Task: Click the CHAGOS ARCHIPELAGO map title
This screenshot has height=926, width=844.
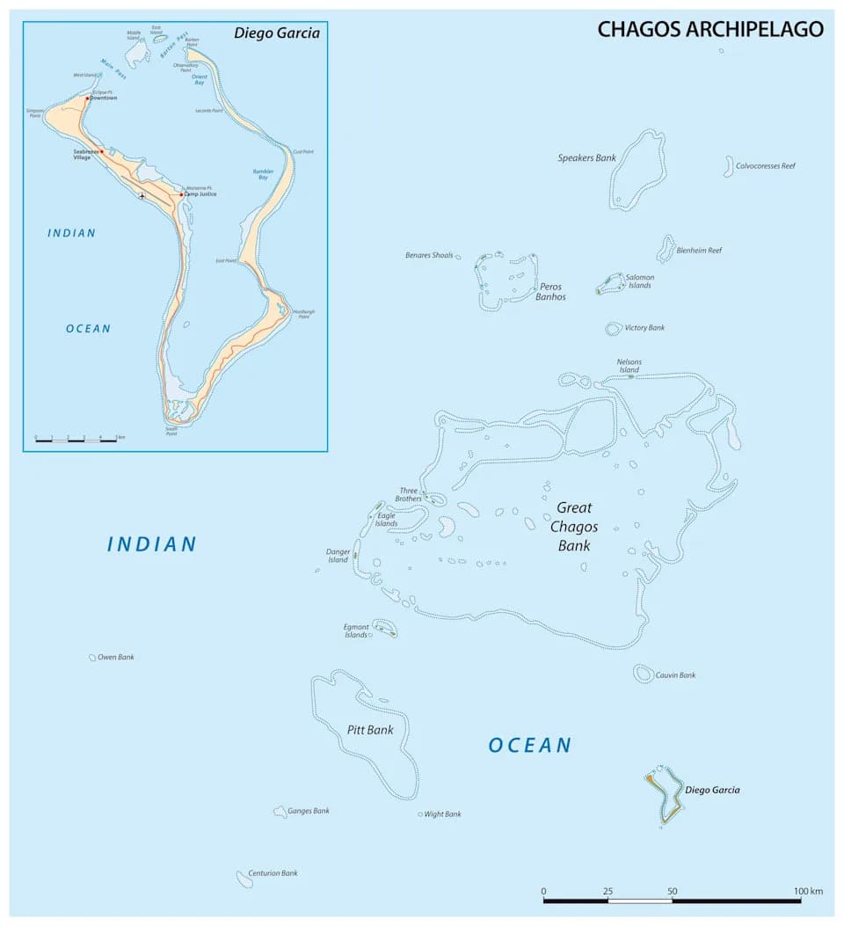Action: [710, 29]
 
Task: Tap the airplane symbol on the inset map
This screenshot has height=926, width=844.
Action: [142, 195]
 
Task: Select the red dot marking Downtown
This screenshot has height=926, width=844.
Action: [87, 98]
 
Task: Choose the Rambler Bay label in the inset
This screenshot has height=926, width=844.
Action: [263, 174]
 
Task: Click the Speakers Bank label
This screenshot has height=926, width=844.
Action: [586, 158]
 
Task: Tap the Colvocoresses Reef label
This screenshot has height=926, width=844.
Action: [765, 165]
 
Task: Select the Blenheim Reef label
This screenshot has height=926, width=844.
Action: [699, 251]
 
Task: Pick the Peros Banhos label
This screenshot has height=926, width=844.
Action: [550, 291]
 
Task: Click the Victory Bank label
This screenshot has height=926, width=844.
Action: [644, 328]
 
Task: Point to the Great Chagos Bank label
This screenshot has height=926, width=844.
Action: [574, 527]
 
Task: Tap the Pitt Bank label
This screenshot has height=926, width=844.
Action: [370, 730]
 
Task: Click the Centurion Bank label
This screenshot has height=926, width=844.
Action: [273, 873]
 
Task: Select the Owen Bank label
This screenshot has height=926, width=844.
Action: [116, 657]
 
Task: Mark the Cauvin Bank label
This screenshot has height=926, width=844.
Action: [675, 675]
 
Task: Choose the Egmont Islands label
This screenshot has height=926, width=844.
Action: [356, 631]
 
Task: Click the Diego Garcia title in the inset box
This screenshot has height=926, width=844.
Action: [276, 33]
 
